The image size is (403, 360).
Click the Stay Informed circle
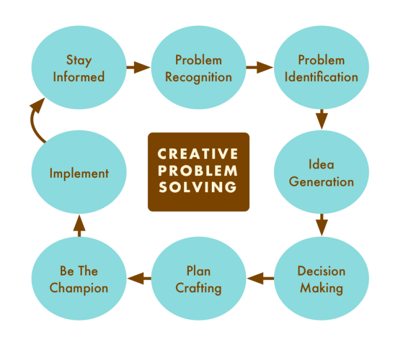click(x=79, y=68)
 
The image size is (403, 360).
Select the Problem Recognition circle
click(x=199, y=68)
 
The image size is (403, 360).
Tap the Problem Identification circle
click(x=321, y=68)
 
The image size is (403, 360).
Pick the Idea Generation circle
click(x=321, y=173)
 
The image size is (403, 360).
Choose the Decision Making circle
click(x=321, y=279)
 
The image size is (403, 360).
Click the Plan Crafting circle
click(x=199, y=279)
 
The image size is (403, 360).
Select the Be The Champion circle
click(x=79, y=279)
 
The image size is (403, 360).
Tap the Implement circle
click(x=79, y=173)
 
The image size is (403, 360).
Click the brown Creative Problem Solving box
click(x=199, y=171)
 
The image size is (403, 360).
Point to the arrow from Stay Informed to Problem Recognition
click(x=138, y=67)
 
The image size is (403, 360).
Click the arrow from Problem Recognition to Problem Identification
click(x=260, y=67)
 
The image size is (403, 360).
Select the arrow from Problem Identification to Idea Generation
click(x=321, y=120)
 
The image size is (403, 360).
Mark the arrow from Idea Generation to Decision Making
click(x=321, y=225)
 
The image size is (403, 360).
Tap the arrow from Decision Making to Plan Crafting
click(x=260, y=279)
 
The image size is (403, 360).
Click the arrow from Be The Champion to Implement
click(x=79, y=226)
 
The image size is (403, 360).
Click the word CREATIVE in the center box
click(x=198, y=154)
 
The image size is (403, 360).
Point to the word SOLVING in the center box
click(x=198, y=187)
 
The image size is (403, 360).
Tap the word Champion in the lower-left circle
click(x=79, y=288)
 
